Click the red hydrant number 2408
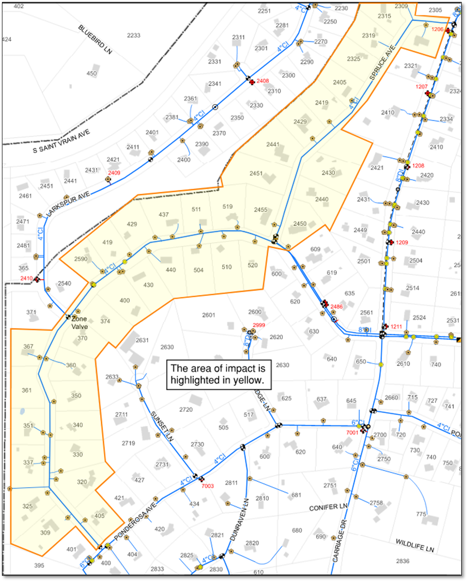pos(263,81)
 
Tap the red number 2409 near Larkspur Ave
pos(114,173)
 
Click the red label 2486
pos(337,307)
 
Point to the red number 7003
pos(208,486)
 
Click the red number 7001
pos(352,432)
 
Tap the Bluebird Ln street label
pos(95,38)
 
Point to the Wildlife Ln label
pos(414,545)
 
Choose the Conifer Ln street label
pos(329,508)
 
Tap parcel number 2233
pos(134,36)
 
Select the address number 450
pos(92,74)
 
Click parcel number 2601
pos(208,315)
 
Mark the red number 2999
pos(259,325)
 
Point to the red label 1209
pos(402,242)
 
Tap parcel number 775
pos(421,514)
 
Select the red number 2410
pos(26,278)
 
